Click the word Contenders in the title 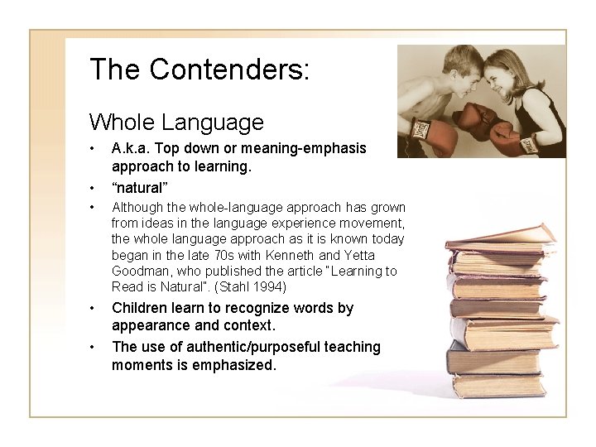click(227, 69)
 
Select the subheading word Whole click(123, 123)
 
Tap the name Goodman click(139, 272)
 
